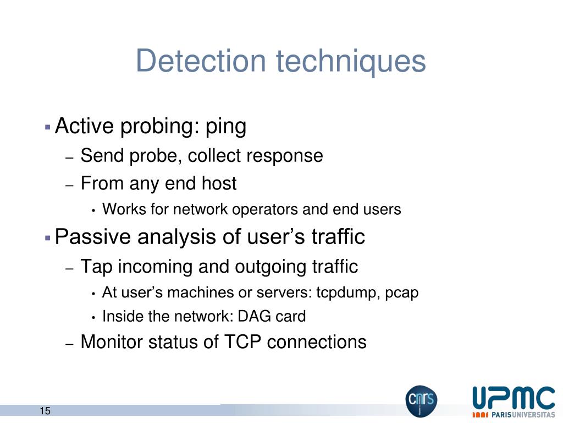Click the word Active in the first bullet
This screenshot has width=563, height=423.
tap(85, 127)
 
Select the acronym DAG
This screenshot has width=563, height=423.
tap(256, 317)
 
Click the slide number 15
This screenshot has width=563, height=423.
tap(45, 411)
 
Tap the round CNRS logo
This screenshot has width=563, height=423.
tap(421, 400)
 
